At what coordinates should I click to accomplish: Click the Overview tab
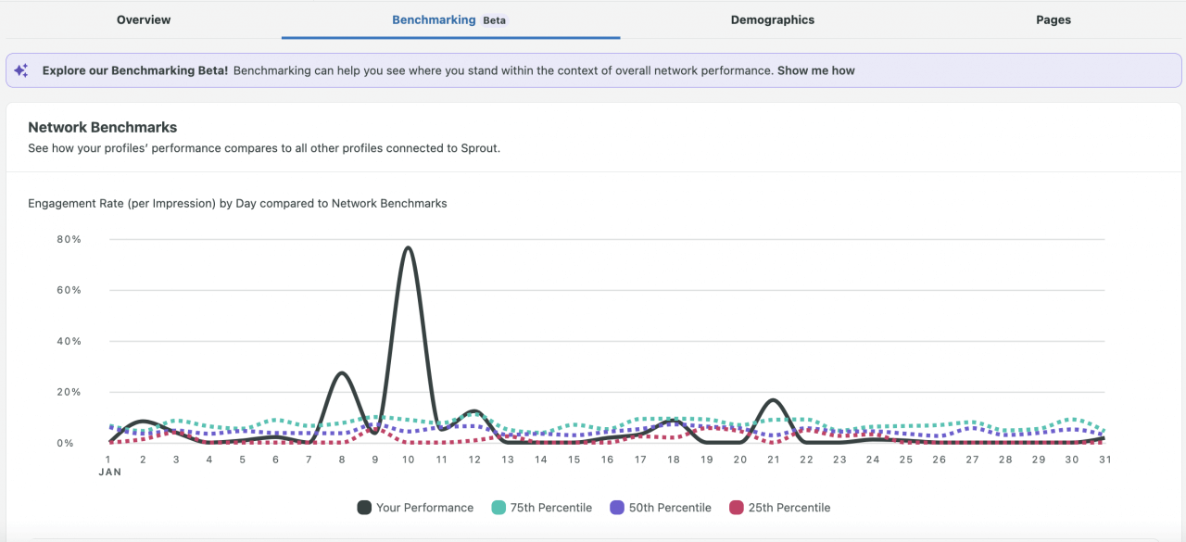pos(144,19)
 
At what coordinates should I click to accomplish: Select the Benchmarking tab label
pos(434,19)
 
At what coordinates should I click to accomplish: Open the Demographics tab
pos(772,19)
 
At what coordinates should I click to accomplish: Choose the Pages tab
pos(1054,19)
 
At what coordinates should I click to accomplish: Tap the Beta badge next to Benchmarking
pos(495,20)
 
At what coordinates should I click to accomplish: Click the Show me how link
pos(815,70)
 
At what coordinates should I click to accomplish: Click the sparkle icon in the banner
pos(21,70)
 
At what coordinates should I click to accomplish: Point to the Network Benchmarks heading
pos(102,127)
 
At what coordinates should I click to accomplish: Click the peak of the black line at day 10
pos(408,247)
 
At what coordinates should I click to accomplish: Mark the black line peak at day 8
pos(342,372)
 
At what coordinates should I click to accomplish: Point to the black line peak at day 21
pos(773,400)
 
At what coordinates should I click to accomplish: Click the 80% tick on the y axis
pos(69,239)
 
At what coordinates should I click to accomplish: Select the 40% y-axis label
pos(69,341)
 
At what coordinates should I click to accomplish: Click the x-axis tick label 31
pos(1104,460)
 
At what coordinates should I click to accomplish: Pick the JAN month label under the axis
pos(109,472)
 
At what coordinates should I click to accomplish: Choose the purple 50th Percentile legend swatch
pos(617,508)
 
